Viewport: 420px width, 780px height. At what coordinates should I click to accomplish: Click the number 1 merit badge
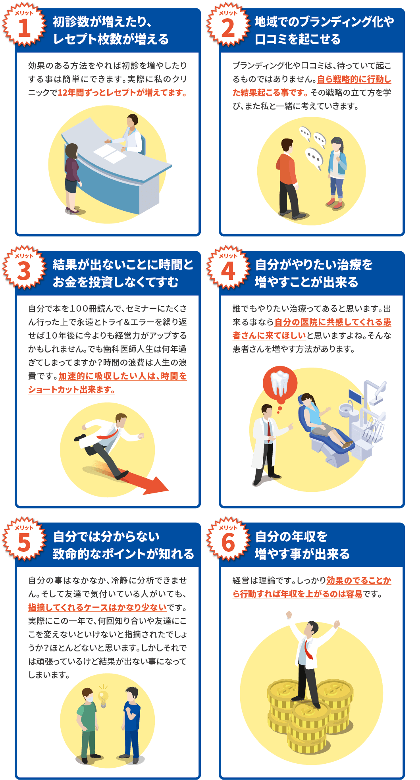tap(24, 25)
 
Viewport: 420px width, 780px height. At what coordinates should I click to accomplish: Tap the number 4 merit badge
tap(228, 267)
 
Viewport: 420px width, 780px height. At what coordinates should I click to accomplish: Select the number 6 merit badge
tap(228, 539)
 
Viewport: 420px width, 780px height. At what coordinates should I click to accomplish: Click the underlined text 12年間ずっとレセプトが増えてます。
tap(122, 93)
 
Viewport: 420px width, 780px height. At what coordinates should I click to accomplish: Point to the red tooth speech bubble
tap(280, 383)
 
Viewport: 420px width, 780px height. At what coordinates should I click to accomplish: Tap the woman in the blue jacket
tap(337, 173)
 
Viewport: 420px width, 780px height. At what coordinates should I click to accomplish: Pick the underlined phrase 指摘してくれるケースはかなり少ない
tap(97, 607)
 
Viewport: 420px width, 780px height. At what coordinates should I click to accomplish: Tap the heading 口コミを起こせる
tap(298, 39)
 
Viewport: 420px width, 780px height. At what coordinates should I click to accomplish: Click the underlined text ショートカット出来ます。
tap(71, 390)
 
